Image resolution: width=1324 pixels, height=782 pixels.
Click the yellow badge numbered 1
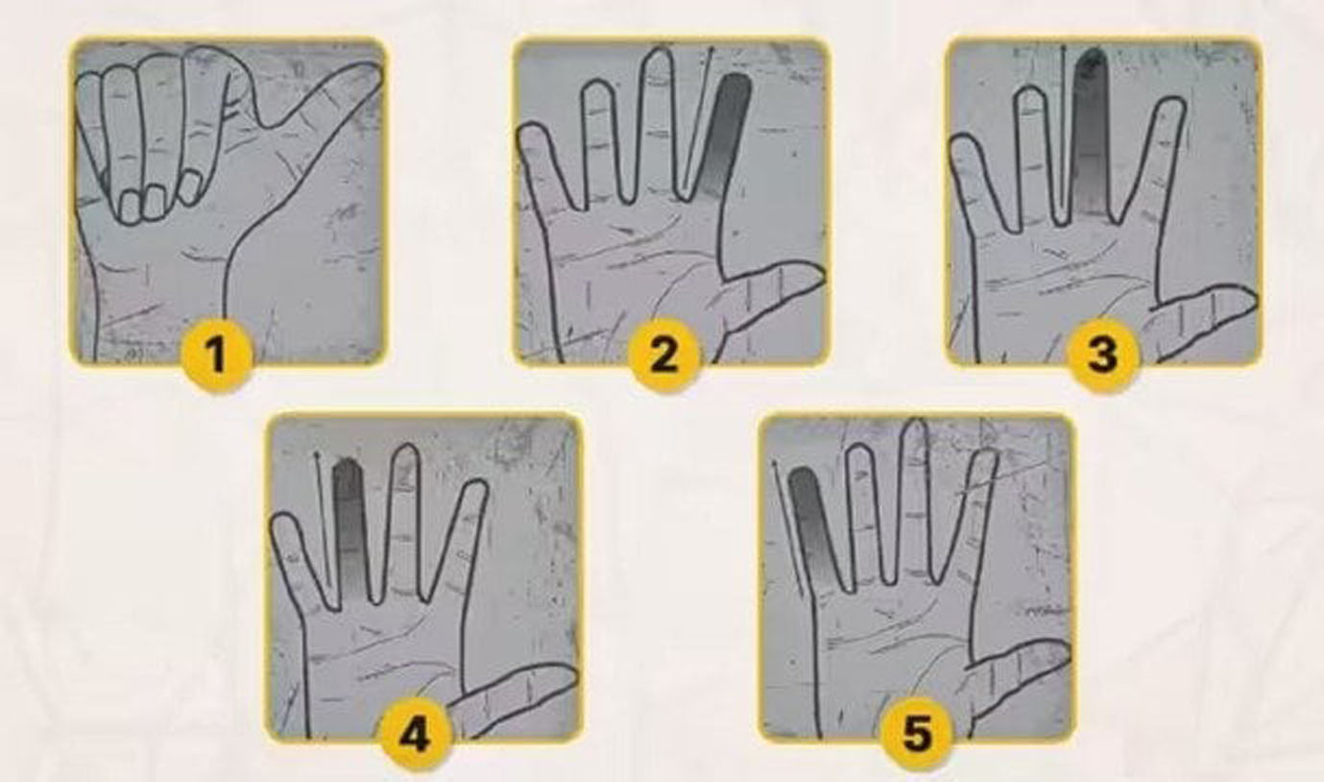(x=217, y=354)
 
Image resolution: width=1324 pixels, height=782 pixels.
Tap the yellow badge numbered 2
(x=662, y=354)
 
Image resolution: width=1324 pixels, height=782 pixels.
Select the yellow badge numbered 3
(x=1101, y=354)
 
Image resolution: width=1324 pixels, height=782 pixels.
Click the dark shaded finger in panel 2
(x=724, y=137)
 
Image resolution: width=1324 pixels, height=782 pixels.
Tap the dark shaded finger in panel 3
(x=1091, y=134)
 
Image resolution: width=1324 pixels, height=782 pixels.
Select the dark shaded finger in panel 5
(x=812, y=526)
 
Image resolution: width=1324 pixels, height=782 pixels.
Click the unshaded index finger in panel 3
(x=1149, y=159)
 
